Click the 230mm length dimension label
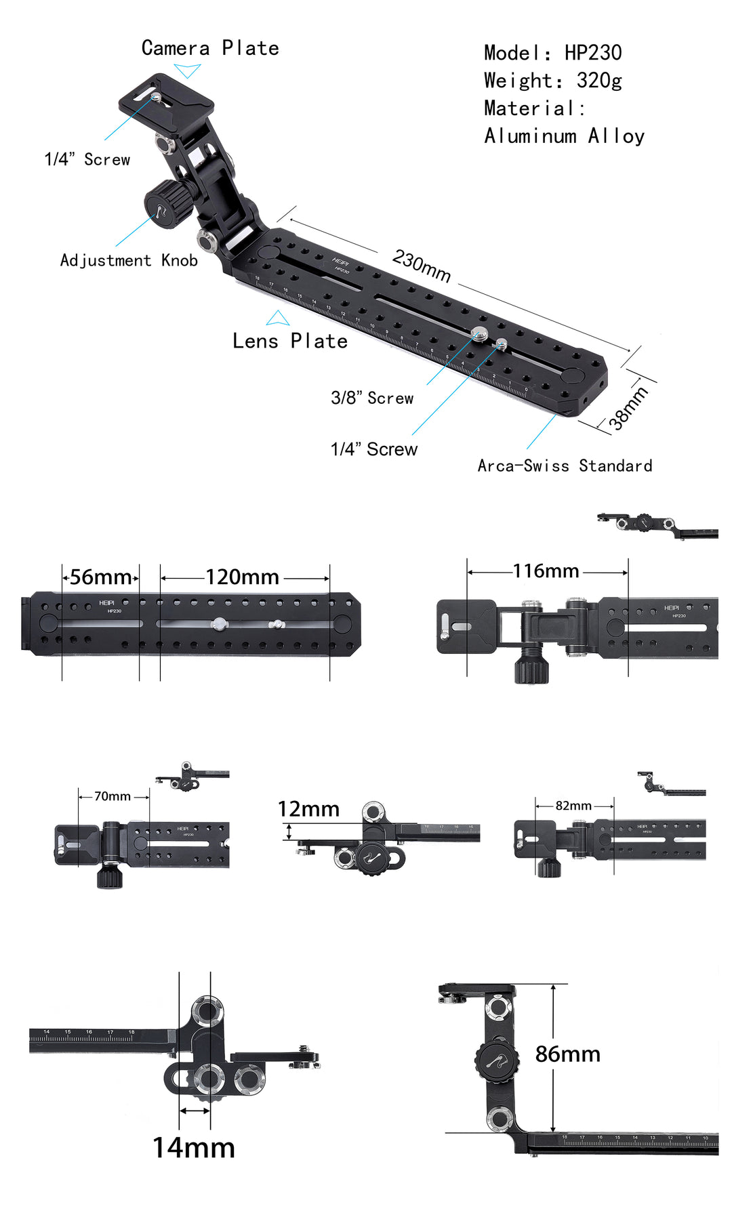421,265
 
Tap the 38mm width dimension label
628,408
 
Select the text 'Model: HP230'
552,53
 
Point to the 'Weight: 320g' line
552,81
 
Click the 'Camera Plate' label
210,48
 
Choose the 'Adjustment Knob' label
129,260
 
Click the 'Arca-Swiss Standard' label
565,466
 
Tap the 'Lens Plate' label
290,341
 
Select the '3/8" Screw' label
372,398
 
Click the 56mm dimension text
100,577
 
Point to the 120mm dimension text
242,577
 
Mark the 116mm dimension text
546,571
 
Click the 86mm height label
567,1054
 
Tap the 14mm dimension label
194,1148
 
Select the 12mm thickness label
308,809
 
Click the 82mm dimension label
573,806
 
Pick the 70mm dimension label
113,796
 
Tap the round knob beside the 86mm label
497,1061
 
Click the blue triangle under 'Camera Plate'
187,70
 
